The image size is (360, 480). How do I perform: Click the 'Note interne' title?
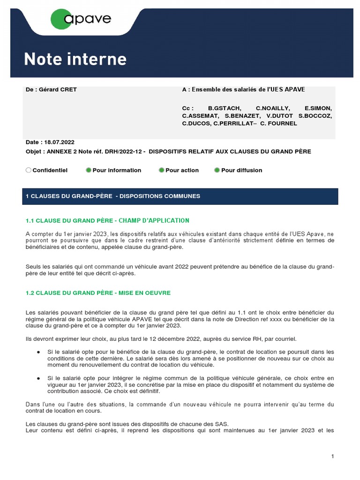[x=75, y=59]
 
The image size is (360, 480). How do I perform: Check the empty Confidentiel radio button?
[x=29, y=170]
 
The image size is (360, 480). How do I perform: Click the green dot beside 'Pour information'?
[x=89, y=170]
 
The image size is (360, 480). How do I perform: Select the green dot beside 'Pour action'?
[x=162, y=170]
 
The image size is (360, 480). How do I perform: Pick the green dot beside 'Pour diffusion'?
[x=217, y=170]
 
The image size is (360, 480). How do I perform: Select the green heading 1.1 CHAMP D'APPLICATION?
[x=107, y=220]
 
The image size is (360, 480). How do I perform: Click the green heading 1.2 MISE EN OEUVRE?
[x=98, y=293]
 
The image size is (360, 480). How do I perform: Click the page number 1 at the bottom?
[x=332, y=456]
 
